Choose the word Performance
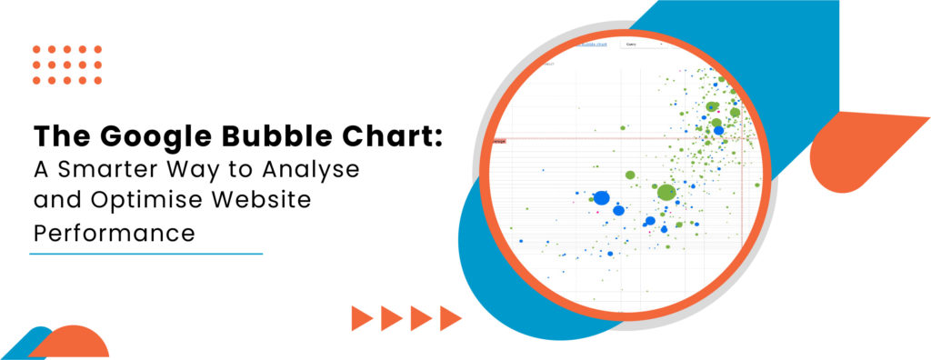(115, 233)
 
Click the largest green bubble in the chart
(666, 192)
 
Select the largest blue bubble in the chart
(601, 197)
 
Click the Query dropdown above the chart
(640, 44)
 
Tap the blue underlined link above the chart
(592, 44)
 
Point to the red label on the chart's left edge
(498, 141)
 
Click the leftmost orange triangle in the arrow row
(363, 317)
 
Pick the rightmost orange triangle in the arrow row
(450, 317)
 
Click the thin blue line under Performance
(145, 254)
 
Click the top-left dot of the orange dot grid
(37, 50)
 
